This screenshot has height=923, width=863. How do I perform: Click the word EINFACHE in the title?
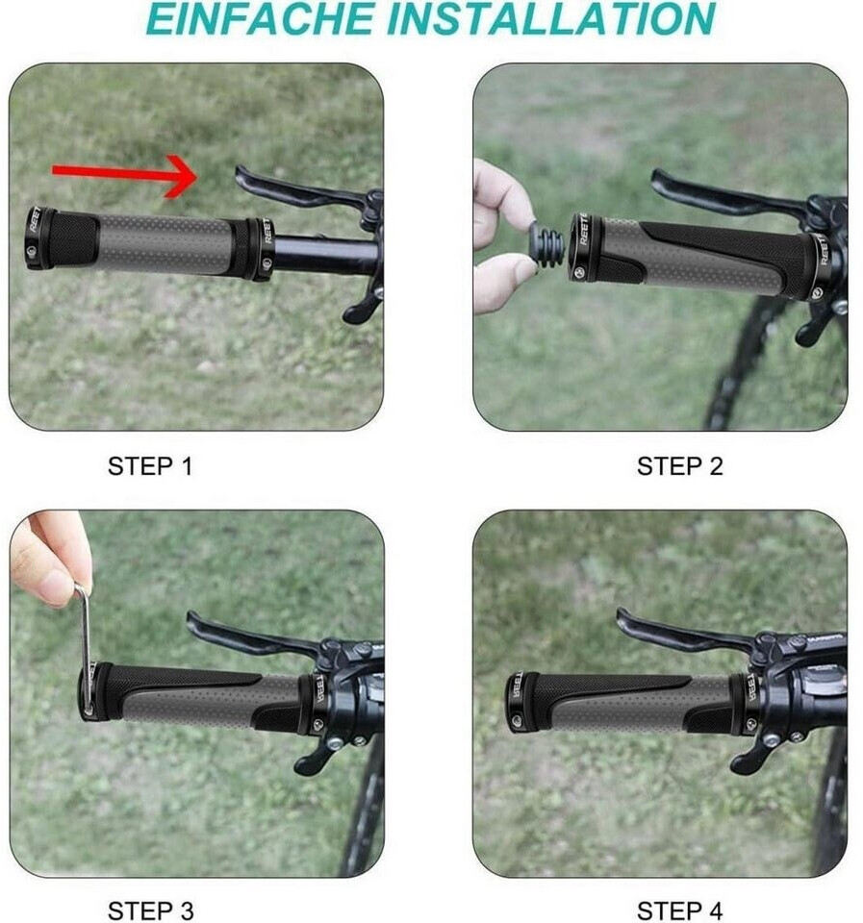[x=260, y=18]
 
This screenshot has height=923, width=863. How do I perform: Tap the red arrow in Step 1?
[x=124, y=174]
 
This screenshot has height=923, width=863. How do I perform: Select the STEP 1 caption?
[x=150, y=466]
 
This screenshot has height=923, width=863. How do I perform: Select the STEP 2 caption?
[x=679, y=466]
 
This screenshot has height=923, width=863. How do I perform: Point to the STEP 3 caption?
[x=150, y=911]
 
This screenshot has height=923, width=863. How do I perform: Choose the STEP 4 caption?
[x=679, y=911]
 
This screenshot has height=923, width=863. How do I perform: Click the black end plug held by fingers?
[x=546, y=243]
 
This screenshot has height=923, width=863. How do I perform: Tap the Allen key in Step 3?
[x=86, y=646]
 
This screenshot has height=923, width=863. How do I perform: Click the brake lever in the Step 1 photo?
[x=294, y=188]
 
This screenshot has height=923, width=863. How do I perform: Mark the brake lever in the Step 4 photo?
[x=677, y=631]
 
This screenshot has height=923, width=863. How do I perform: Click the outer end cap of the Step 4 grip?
[x=520, y=702]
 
